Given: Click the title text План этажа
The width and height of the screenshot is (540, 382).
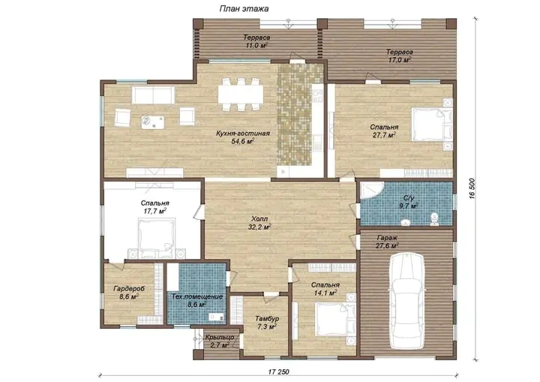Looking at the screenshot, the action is pyautogui.click(x=244, y=9).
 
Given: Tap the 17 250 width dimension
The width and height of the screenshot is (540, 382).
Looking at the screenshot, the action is pyautogui.click(x=278, y=371).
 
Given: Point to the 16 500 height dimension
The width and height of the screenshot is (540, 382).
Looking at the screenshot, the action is pyautogui.click(x=472, y=188).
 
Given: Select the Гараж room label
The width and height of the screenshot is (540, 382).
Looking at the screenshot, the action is pyautogui.click(x=387, y=238).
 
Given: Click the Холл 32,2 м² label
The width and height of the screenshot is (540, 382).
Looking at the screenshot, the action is pyautogui.click(x=259, y=223).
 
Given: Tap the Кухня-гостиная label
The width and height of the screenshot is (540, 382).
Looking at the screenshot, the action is pyautogui.click(x=243, y=134).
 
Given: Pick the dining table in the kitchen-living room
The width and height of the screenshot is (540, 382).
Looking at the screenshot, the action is pyautogui.click(x=241, y=94).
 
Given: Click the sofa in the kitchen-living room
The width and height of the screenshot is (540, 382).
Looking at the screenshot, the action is pyautogui.click(x=153, y=95).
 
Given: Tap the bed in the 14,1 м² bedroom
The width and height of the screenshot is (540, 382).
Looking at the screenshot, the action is pyautogui.click(x=335, y=318).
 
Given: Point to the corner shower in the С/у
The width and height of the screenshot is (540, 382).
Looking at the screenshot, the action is pyautogui.click(x=371, y=191).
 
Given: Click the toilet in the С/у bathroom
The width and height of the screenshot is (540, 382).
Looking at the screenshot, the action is pyautogui.click(x=434, y=219).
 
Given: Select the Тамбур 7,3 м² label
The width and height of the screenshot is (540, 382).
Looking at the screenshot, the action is pyautogui.click(x=267, y=323).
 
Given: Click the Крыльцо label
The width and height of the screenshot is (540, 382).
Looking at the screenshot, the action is pyautogui.click(x=220, y=337).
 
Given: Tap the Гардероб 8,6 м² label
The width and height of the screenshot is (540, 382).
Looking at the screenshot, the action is pyautogui.click(x=129, y=293).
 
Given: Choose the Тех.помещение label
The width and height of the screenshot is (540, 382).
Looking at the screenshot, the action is pyautogui.click(x=197, y=296).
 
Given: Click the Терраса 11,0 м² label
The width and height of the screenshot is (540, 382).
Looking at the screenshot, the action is pyautogui.click(x=256, y=41).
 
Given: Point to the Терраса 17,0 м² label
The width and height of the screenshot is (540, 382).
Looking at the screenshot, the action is pyautogui.click(x=400, y=56).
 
